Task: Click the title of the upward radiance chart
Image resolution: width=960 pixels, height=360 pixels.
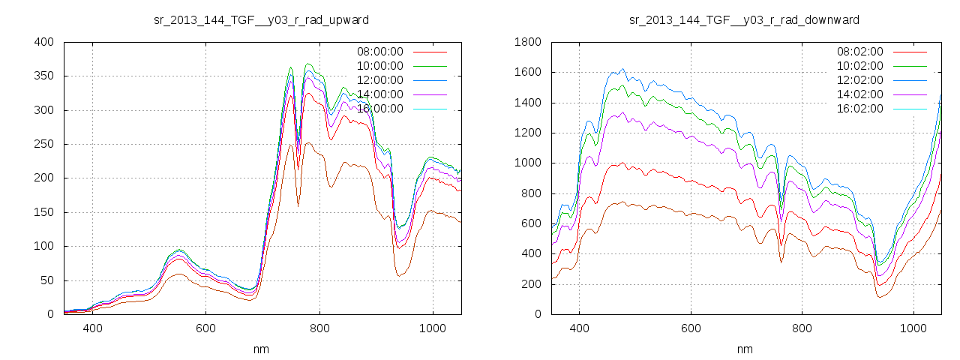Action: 261,19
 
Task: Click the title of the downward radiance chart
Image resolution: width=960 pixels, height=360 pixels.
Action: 744,19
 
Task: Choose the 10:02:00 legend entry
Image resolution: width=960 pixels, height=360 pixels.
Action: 859,66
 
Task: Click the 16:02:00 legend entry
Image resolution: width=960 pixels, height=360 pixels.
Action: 859,109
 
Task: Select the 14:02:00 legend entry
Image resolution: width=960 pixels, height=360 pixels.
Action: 859,94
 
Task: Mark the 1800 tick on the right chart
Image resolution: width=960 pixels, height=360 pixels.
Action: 528,42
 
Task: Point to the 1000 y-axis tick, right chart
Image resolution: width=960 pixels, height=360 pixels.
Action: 528,163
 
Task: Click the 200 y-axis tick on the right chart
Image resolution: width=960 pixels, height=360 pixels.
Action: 531,284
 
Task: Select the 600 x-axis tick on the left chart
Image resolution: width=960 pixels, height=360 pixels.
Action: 206,328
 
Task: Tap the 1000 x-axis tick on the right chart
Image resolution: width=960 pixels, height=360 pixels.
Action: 913,328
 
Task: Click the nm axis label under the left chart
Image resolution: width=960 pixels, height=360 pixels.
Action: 261,349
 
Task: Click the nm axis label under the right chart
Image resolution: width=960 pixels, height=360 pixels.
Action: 744,349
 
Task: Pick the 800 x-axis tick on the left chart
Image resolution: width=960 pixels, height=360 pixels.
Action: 319,328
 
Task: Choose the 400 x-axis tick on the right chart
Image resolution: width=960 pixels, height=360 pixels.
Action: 579,328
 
